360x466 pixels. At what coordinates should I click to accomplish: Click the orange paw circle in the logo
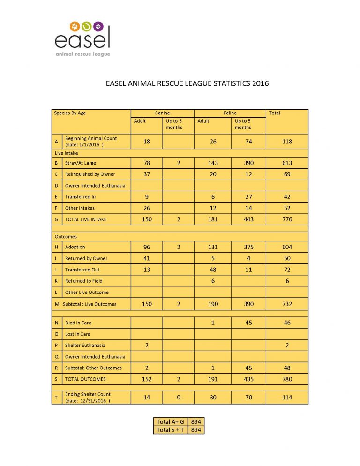75,26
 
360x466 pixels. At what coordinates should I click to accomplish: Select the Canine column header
162,113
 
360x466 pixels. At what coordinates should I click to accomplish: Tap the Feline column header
230,113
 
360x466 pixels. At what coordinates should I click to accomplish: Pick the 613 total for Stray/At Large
287,163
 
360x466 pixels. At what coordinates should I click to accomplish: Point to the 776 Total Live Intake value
287,219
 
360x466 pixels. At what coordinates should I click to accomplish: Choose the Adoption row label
75,247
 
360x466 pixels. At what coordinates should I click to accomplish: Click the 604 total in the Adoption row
287,247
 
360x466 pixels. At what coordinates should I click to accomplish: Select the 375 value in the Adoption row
249,247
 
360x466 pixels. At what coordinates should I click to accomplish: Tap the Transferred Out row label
82,270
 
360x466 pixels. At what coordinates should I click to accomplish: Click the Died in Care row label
79,323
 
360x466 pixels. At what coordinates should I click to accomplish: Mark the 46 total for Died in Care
287,323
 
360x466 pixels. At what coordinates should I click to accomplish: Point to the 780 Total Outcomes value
287,379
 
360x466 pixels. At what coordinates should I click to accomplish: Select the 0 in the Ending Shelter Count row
179,397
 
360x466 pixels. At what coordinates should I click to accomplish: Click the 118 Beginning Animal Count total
287,141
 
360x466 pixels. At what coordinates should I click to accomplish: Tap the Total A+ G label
170,421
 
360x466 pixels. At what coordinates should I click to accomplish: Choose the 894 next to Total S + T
196,429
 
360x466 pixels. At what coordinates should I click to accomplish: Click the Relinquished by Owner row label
90,174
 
